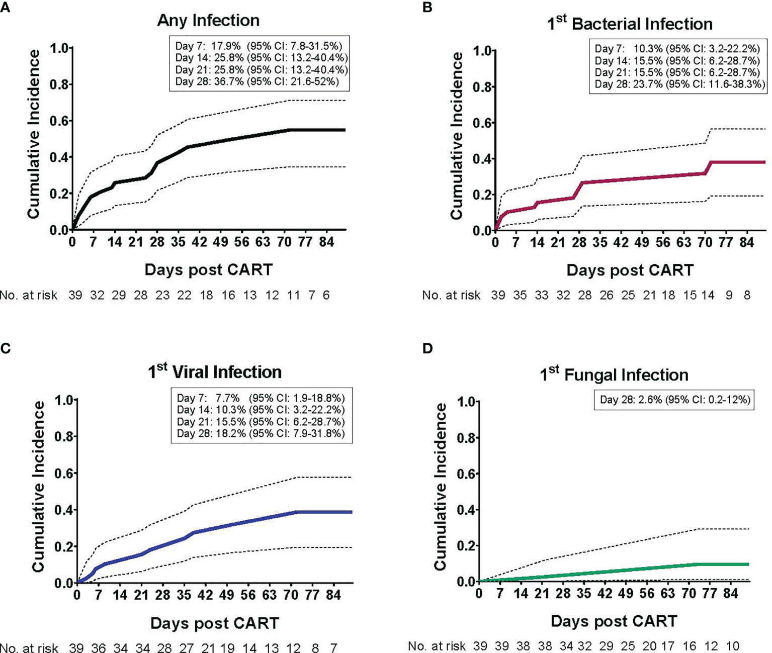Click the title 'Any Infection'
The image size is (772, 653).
pyautogui.click(x=208, y=21)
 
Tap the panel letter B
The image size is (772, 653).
pyautogui.click(x=427, y=7)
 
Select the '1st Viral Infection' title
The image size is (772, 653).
pyautogui.click(x=215, y=372)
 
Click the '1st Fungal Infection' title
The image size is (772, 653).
pyautogui.click(x=614, y=375)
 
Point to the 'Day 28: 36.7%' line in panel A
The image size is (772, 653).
pyautogui.click(x=257, y=82)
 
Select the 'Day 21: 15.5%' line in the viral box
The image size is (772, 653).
pyautogui.click(x=261, y=422)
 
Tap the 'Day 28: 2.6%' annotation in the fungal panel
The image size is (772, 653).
pyautogui.click(x=674, y=400)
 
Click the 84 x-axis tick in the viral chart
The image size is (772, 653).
pyautogui.click(x=333, y=596)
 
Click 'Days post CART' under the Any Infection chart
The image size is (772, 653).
pyautogui.click(x=208, y=270)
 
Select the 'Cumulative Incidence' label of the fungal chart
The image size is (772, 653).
pyautogui.click(x=441, y=487)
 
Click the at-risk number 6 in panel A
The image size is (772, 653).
pyautogui.click(x=326, y=295)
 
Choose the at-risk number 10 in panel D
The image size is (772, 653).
pyautogui.click(x=732, y=646)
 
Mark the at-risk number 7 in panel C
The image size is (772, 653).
pyautogui.click(x=333, y=648)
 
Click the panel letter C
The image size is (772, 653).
pyautogui.click(x=6, y=348)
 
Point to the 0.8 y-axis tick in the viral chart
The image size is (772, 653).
pyautogui.click(x=64, y=436)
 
